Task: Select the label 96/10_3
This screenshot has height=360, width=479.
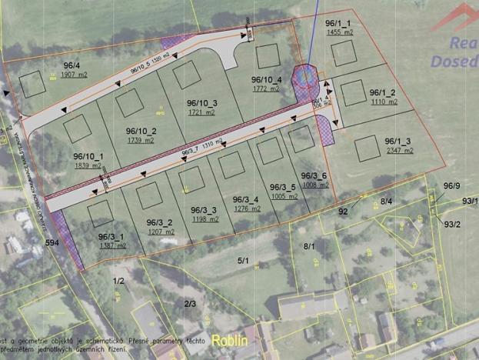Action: [x=202, y=103]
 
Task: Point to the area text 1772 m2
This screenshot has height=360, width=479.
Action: [x=266, y=88]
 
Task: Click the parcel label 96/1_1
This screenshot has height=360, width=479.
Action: [x=338, y=24]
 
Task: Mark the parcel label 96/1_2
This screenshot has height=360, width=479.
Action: [x=381, y=93]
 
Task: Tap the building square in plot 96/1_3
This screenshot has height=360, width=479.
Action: [x=367, y=146]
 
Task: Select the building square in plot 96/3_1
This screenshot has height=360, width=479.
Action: [x=101, y=213]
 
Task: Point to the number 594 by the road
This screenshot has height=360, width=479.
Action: [x=52, y=243]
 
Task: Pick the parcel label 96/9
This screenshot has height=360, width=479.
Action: [x=452, y=185]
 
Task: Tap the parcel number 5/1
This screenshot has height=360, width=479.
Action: [x=244, y=262]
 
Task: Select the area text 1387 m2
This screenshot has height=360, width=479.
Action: [x=112, y=245]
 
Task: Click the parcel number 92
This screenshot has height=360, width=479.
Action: [x=344, y=210]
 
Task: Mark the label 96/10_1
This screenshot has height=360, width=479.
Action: [x=89, y=156]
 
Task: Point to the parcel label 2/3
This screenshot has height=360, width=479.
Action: [x=190, y=304]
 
